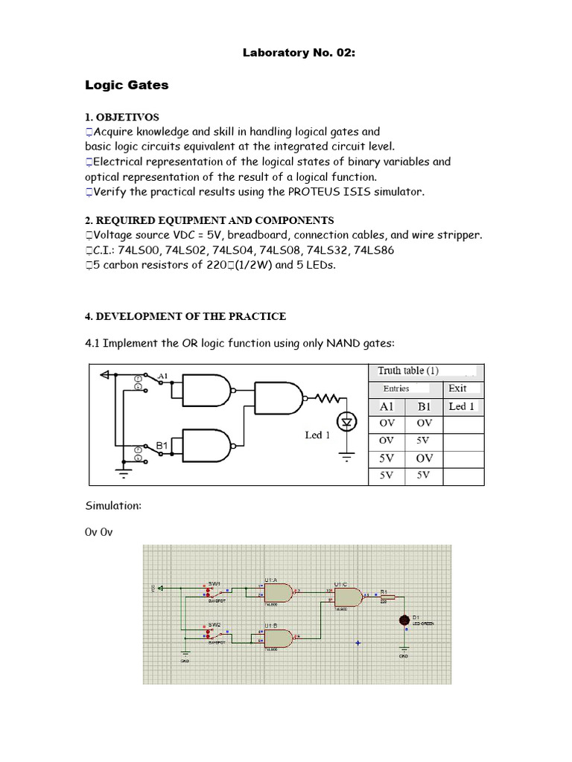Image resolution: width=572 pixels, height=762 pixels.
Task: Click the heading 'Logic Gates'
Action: [127, 85]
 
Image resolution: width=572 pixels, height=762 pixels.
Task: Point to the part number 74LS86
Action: [377, 250]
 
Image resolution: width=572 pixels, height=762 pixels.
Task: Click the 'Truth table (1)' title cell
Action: [408, 371]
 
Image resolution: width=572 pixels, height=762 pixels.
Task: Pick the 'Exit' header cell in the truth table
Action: [457, 388]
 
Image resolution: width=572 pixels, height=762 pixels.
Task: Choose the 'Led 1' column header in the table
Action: [462, 406]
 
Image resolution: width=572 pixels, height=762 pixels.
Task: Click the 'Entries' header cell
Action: [396, 388]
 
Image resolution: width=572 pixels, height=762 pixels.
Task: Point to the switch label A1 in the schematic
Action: [162, 375]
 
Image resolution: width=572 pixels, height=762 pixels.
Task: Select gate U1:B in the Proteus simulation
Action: [278, 638]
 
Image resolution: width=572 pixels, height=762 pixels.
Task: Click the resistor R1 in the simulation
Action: [391, 596]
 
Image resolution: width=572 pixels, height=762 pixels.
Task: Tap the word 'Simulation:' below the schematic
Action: [113, 505]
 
